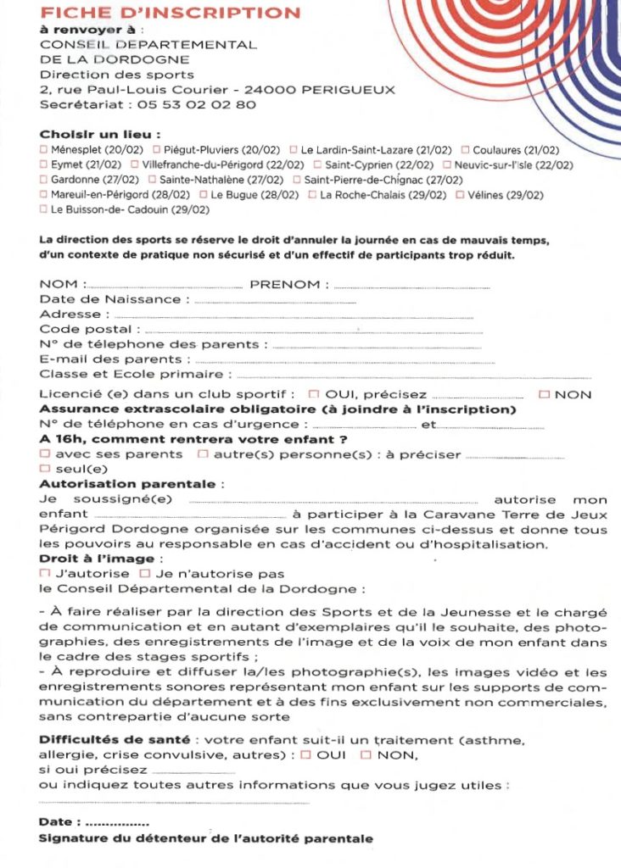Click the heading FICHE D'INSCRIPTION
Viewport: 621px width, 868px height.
[x=170, y=14]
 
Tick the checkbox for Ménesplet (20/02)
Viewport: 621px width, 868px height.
[x=44, y=150]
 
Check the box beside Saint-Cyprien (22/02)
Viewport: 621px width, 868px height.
[x=318, y=164]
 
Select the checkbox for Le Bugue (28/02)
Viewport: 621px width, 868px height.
[x=204, y=194]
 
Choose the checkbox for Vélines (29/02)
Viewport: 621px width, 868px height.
[x=460, y=194]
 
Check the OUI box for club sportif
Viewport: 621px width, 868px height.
[x=314, y=394]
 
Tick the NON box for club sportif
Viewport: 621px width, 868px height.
[x=545, y=394]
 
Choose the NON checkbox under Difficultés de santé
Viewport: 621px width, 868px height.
[x=366, y=754]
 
